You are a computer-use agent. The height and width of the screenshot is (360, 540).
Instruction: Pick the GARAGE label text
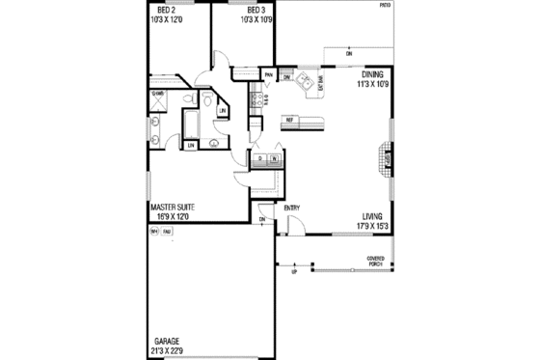pyautogui.click(x=167, y=341)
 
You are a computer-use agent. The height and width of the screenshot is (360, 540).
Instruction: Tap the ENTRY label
pyautogui.click(x=292, y=208)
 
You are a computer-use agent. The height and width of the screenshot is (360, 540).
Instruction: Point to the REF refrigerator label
pyautogui.click(x=288, y=120)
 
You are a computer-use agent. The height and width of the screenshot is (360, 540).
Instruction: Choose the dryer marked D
pyautogui.click(x=261, y=157)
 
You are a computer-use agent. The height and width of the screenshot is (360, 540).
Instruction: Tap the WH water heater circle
pyautogui.click(x=154, y=232)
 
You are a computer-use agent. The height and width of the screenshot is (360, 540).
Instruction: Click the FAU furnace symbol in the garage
pyautogui.click(x=167, y=232)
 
